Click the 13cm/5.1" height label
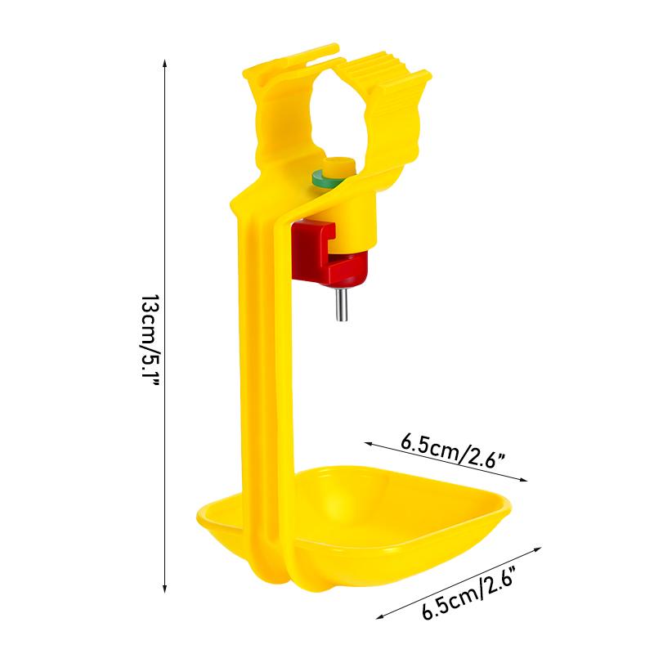pos(150,340)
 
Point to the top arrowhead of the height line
pos(165,63)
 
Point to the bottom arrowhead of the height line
pos(165,589)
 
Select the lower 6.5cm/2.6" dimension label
pos(468,592)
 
